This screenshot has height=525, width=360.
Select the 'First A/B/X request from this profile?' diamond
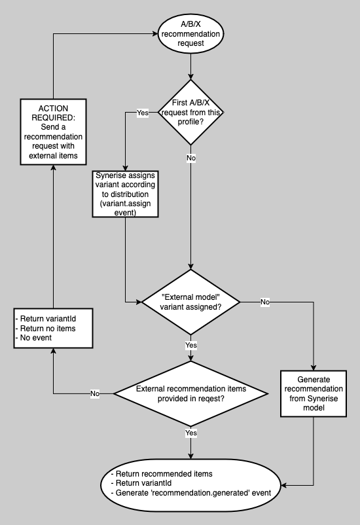[x=190, y=113]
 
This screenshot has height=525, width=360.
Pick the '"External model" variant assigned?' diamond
[x=190, y=302]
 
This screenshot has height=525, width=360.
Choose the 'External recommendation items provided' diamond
[x=190, y=393]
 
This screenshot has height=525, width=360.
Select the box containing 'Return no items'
[x=52, y=328]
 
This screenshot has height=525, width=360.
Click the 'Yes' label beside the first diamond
[x=142, y=113]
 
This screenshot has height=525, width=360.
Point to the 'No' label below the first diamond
[x=190, y=158]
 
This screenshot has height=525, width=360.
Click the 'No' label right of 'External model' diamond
[x=265, y=302]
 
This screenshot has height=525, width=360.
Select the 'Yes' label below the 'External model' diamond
[x=190, y=345]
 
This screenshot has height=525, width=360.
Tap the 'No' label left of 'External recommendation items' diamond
[x=95, y=393]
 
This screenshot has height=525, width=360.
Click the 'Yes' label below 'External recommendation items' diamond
[x=190, y=433]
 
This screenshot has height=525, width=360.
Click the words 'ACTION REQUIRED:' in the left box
[x=52, y=113]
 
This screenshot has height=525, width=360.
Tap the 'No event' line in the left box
[x=35, y=338]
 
